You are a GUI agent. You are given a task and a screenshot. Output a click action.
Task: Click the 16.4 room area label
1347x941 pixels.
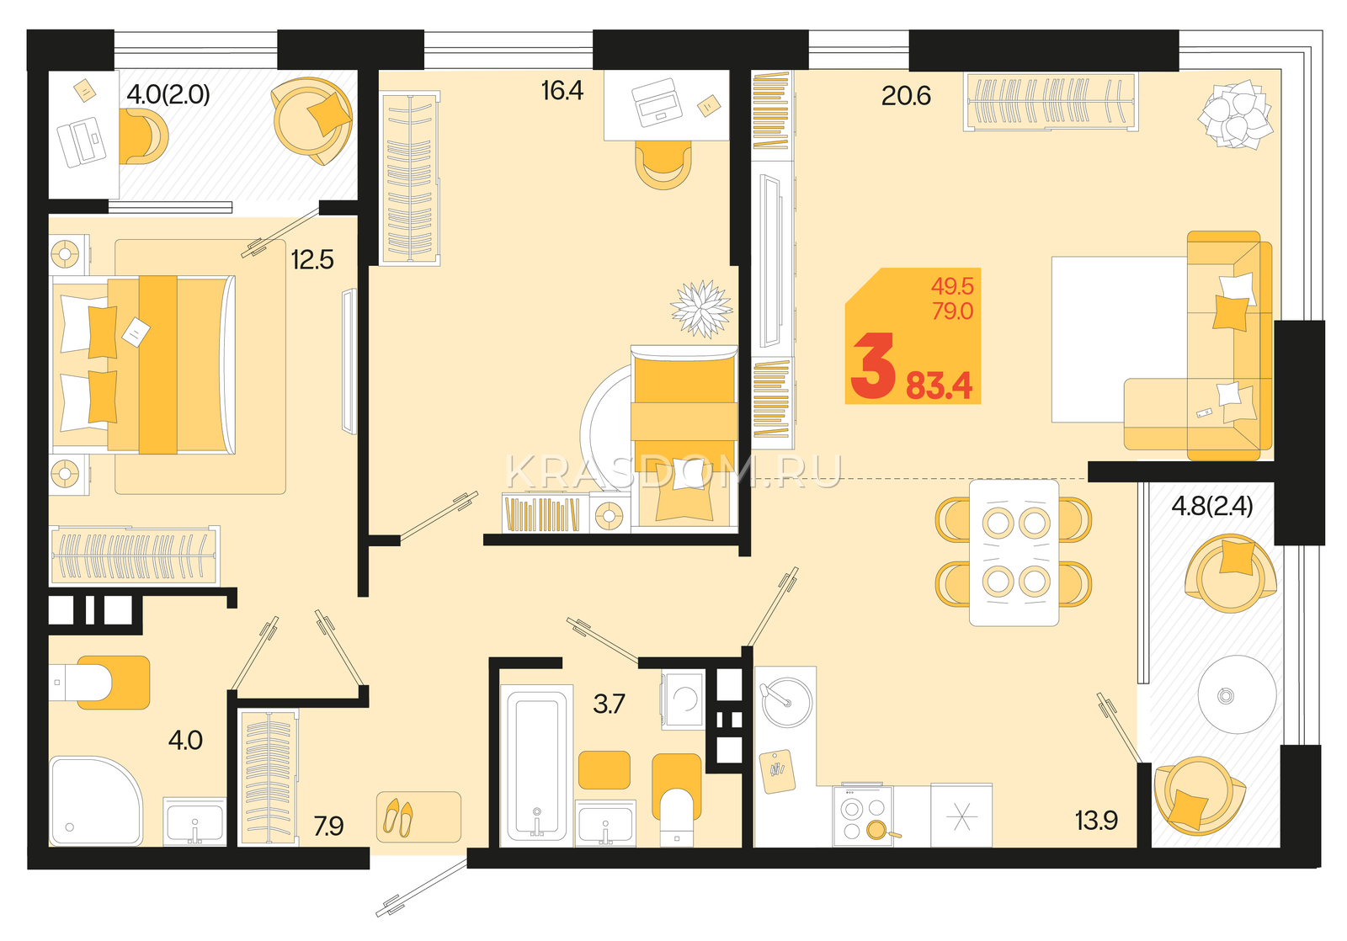[562, 91]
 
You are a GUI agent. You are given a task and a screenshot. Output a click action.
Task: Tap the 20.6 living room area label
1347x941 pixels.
[906, 96]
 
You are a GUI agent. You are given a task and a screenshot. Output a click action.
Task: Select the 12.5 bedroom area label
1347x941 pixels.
[312, 260]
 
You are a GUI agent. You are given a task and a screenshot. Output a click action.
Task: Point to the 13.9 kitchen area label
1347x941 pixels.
[1096, 820]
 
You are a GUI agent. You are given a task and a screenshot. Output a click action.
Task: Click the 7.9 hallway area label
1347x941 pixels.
[328, 827]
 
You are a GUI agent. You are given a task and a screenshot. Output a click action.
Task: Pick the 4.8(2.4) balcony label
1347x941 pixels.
[1211, 506]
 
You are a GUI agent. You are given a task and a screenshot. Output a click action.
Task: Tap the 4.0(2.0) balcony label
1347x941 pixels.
[168, 94]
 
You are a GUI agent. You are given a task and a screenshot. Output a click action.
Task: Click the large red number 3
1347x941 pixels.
[872, 367]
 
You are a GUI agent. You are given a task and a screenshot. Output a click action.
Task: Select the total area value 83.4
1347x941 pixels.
[939, 386]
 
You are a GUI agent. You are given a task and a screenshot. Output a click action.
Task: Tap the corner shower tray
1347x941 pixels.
[96, 801]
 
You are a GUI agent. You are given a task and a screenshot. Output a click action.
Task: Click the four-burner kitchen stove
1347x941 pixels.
[863, 815]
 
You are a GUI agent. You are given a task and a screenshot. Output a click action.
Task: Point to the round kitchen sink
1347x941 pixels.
[787, 702]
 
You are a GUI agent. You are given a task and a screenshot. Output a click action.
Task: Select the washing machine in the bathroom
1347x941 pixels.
[683, 699]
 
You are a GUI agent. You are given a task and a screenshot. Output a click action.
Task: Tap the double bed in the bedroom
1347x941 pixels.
[143, 364]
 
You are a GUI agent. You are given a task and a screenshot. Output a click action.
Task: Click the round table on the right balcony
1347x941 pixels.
[1237, 694]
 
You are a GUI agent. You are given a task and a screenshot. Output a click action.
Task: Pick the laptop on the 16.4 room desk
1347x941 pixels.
[656, 102]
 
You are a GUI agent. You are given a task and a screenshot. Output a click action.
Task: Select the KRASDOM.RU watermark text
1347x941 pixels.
[673, 473]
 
